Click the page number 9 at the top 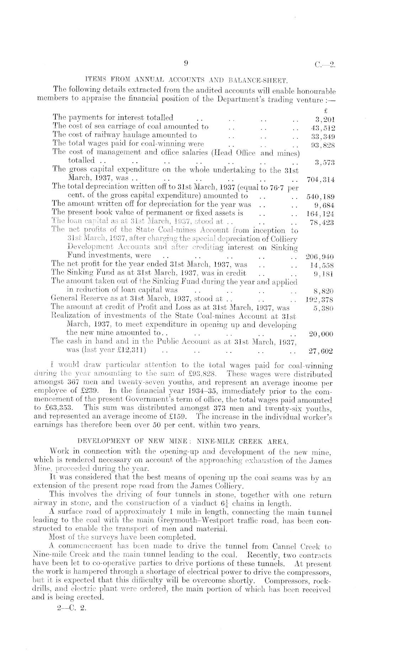(x=186, y=64)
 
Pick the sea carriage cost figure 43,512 (x=323, y=128)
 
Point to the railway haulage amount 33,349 (x=323, y=137)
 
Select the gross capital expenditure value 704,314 (x=321, y=180)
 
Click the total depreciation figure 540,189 (x=321, y=197)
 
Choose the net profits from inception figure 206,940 (x=321, y=257)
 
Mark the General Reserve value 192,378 (x=321, y=300)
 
